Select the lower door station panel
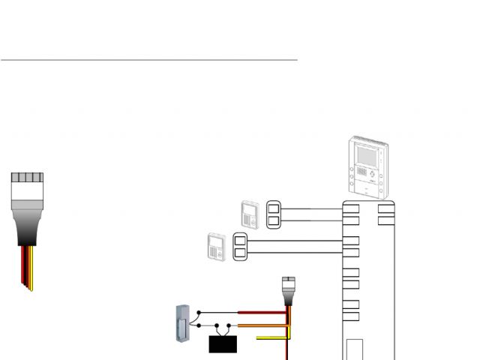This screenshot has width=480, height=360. pyautogui.click(x=217, y=247)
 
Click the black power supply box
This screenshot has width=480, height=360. pyautogui.click(x=223, y=344)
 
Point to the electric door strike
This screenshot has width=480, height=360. pyautogui.click(x=181, y=323)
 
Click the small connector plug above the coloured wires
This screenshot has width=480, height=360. pyautogui.click(x=288, y=288)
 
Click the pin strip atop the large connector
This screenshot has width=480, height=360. pyautogui.click(x=27, y=178)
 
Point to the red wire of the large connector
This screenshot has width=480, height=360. pyautogui.click(x=22, y=266)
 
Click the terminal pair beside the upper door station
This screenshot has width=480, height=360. pyautogui.click(x=274, y=214)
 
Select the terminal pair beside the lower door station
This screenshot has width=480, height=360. pyautogui.click(x=241, y=247)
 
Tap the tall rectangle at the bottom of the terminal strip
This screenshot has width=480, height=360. pyautogui.click(x=354, y=350)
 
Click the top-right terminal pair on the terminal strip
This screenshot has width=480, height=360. pyautogui.click(x=385, y=214)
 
